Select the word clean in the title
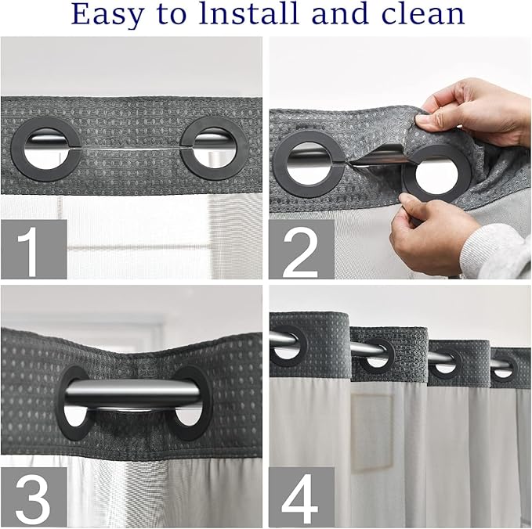(422, 14)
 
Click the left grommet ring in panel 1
(44, 148)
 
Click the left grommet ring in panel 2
(306, 163)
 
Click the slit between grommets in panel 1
(129, 149)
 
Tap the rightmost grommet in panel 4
(504, 365)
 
